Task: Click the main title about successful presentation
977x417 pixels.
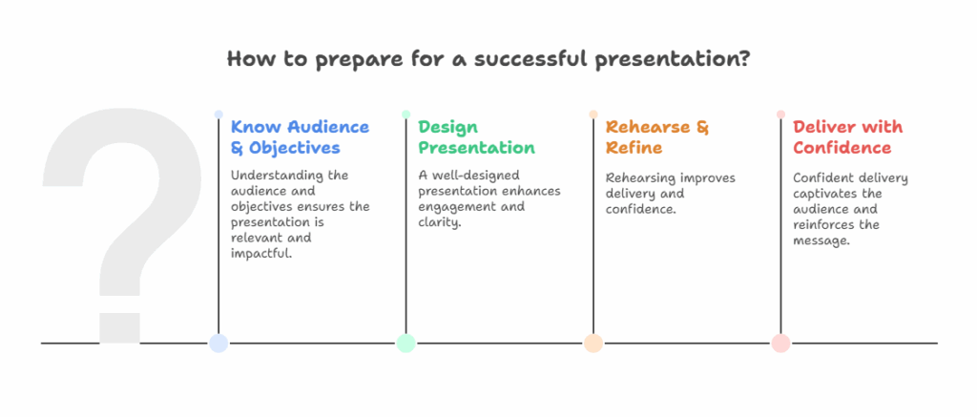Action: [x=488, y=59]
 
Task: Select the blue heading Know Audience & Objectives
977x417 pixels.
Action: [x=300, y=137]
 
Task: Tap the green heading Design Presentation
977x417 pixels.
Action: [x=476, y=137]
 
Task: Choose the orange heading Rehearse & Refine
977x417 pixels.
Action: [x=657, y=137]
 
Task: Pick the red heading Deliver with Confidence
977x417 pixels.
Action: [x=847, y=137]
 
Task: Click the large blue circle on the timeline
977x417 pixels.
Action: [x=218, y=344]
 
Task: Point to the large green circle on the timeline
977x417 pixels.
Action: [x=405, y=344]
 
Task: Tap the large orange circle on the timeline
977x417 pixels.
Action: [x=593, y=344]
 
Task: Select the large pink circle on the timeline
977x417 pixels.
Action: [x=780, y=344]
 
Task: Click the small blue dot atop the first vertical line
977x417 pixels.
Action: [x=218, y=115]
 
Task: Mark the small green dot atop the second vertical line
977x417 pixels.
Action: [x=405, y=115]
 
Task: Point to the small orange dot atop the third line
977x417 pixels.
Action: [x=593, y=115]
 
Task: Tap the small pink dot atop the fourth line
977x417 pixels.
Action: [x=780, y=115]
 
